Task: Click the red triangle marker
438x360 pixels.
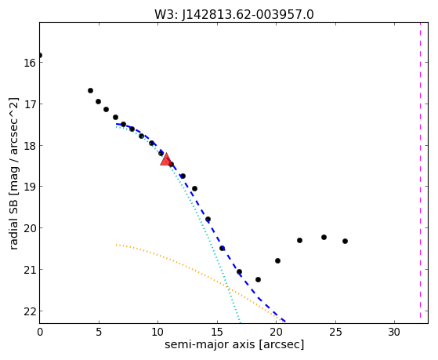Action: click(x=165, y=159)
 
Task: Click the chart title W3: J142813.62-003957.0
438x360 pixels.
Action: click(x=234, y=15)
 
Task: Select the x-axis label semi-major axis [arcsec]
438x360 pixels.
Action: click(x=234, y=344)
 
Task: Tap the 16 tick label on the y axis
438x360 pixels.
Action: click(x=29, y=63)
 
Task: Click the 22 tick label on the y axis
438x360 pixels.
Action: click(x=29, y=311)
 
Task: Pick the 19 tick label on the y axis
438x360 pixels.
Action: click(x=29, y=187)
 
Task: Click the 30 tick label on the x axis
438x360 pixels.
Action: click(x=394, y=332)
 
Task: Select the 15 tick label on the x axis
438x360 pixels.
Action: click(x=217, y=332)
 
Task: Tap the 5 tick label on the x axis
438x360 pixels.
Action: click(x=99, y=332)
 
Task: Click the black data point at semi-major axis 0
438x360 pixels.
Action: click(x=40, y=55)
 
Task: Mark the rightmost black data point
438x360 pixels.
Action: click(x=345, y=241)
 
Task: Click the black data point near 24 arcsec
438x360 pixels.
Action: click(x=324, y=237)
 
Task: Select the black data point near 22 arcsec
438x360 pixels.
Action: click(x=300, y=240)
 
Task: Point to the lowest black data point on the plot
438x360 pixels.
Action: click(x=258, y=279)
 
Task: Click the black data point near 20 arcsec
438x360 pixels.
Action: click(x=277, y=260)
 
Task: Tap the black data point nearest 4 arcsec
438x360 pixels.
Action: click(x=91, y=91)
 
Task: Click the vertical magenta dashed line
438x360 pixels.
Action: click(x=420, y=170)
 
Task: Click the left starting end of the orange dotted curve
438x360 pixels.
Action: click(x=116, y=245)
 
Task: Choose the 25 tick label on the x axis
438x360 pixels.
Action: click(x=335, y=332)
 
